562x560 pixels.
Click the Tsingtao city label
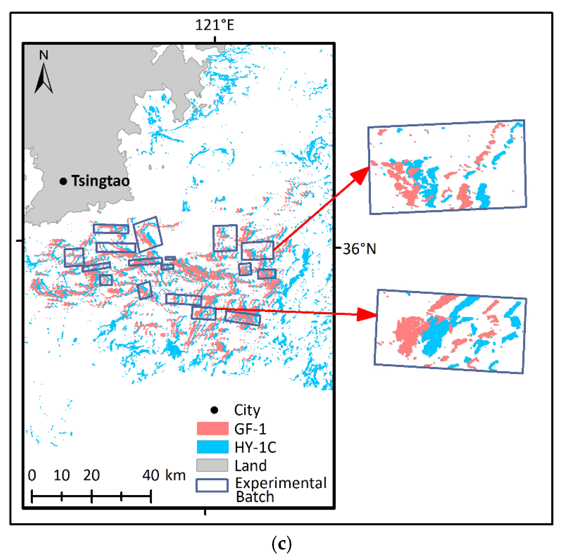pos(100,181)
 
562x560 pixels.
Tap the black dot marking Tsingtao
pos(63,181)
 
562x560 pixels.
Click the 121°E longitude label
pos(214,25)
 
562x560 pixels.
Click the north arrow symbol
pos(44,78)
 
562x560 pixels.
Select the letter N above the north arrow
pos(44,55)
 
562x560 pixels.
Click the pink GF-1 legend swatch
pos(212,429)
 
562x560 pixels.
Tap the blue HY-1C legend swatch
pos(212,447)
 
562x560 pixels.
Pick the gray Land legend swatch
pos(212,465)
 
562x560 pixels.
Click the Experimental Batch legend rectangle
pos(212,485)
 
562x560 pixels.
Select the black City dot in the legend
pos(214,410)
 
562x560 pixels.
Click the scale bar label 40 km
pos(164,475)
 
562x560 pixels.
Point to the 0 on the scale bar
pos(32,475)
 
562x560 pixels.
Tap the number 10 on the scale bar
pos(62,475)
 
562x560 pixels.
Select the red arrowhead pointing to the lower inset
pos(367,314)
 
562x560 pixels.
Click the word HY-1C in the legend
pos(255,447)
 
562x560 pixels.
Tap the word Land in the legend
pos(250,466)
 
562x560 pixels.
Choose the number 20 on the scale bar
pos(91,475)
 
